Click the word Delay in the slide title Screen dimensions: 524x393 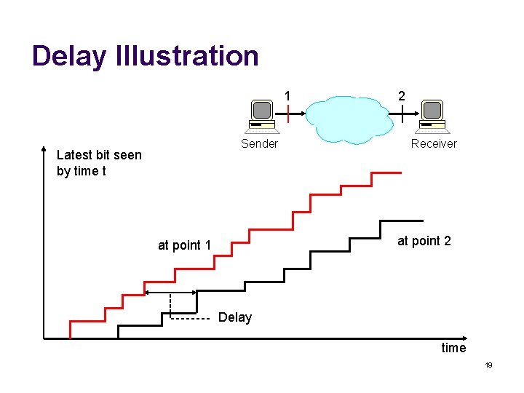[69, 56]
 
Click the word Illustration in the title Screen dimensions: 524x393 [187, 56]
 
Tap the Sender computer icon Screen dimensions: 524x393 [261, 116]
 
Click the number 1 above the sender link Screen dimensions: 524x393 [288, 95]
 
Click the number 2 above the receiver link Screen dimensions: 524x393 [402, 95]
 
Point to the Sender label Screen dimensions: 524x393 [259, 143]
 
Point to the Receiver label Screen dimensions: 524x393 [434, 143]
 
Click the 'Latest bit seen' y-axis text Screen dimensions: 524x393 [99, 162]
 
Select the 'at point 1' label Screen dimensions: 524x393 [184, 245]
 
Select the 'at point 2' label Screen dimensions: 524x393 [424, 241]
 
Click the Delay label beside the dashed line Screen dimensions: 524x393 [235, 317]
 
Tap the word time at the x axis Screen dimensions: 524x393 [453, 348]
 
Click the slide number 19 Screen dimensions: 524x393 [488, 365]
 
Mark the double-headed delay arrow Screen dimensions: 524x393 [171, 293]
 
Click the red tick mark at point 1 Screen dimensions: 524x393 [288, 113]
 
